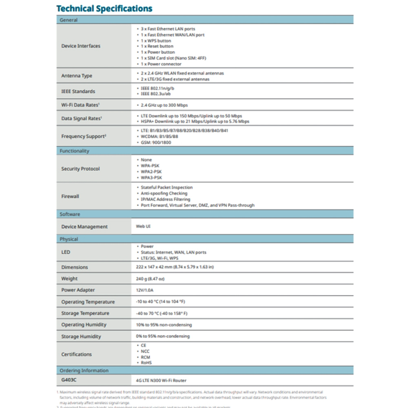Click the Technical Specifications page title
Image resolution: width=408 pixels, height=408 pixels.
pyautogui.click(x=104, y=9)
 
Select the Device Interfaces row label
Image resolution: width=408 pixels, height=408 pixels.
pyautogui.click(x=81, y=46)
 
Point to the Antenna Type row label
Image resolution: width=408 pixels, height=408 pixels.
pyautogui.click(x=77, y=76)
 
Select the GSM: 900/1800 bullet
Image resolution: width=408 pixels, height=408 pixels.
pyautogui.click(x=156, y=142)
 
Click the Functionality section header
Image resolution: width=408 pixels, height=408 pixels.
pyautogui.click(x=74, y=151)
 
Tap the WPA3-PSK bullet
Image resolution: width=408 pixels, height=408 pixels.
pyautogui.click(x=151, y=177)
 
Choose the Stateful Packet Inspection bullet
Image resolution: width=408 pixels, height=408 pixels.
pyautogui.click(x=166, y=187)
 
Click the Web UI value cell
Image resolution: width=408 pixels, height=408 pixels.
pyautogui.click(x=143, y=226)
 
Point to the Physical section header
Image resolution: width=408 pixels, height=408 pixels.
pyautogui.click(x=69, y=239)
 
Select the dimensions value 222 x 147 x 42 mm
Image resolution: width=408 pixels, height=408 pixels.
pyautogui.click(x=175, y=267)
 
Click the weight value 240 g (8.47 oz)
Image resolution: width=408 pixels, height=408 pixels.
pyautogui.click(x=150, y=279)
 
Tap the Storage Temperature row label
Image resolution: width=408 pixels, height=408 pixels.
pyautogui.click(x=85, y=313)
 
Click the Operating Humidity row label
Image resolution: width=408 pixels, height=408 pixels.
pyautogui.click(x=84, y=325)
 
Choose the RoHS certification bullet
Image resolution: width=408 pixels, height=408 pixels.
pyautogui.click(x=146, y=362)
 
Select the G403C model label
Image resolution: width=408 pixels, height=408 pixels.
pyautogui.click(x=69, y=380)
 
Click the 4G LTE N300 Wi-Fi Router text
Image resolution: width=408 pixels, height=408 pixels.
pyautogui.click(x=161, y=381)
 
